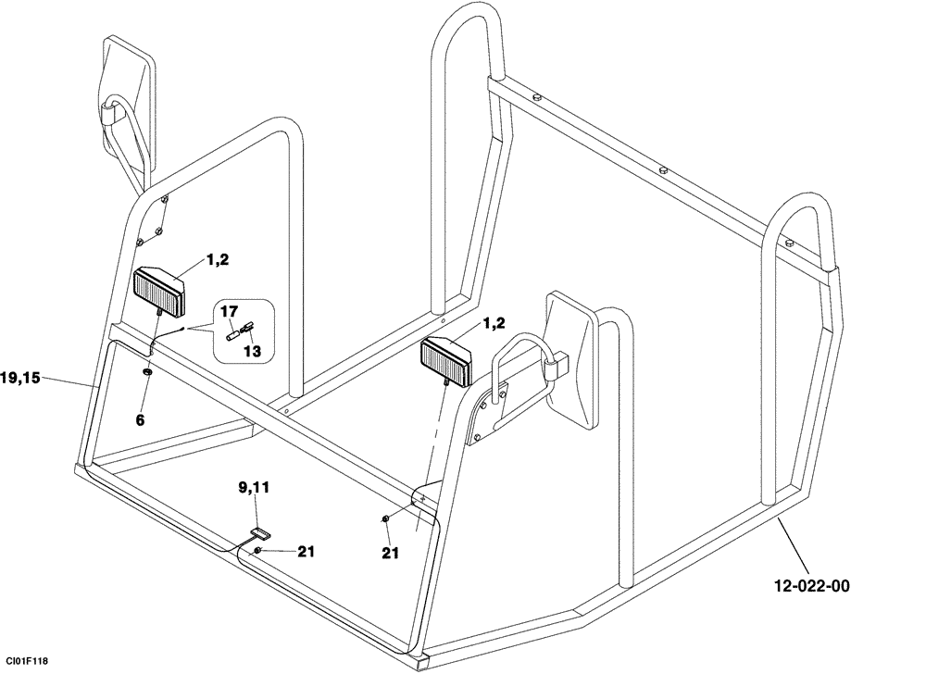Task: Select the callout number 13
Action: [x=253, y=351]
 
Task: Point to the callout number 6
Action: [x=141, y=420]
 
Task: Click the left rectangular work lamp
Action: [x=161, y=290]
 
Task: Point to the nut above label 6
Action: [x=147, y=371]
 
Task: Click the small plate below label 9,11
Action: [x=259, y=533]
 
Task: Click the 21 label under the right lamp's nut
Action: [x=389, y=553]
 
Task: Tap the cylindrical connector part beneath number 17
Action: [x=234, y=335]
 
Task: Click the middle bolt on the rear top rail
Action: [x=663, y=169]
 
